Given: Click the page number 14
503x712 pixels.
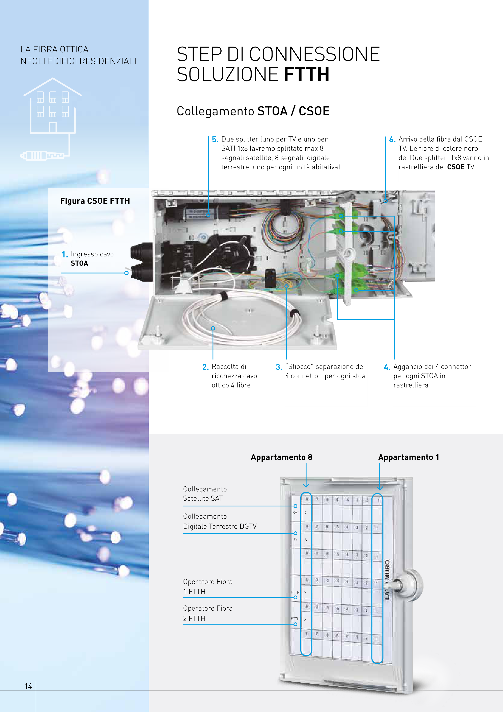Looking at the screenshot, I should pyautogui.click(x=28, y=686).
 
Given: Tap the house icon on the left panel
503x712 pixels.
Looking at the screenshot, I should pyautogui.click(x=53, y=107).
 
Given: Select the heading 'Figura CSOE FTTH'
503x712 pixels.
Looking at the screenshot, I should pyautogui.click(x=95, y=201).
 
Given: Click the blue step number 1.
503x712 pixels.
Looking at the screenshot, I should pyautogui.click(x=64, y=255).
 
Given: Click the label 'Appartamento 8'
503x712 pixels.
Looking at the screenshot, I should pyautogui.click(x=281, y=457).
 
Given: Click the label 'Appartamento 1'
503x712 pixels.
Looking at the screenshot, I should pyautogui.click(x=409, y=457).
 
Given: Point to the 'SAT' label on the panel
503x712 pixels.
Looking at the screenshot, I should pyautogui.click(x=296, y=513).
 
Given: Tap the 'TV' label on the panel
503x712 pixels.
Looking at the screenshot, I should pyautogui.click(x=295, y=539).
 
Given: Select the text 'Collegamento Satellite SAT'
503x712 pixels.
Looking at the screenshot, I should pyautogui.click(x=205, y=494).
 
